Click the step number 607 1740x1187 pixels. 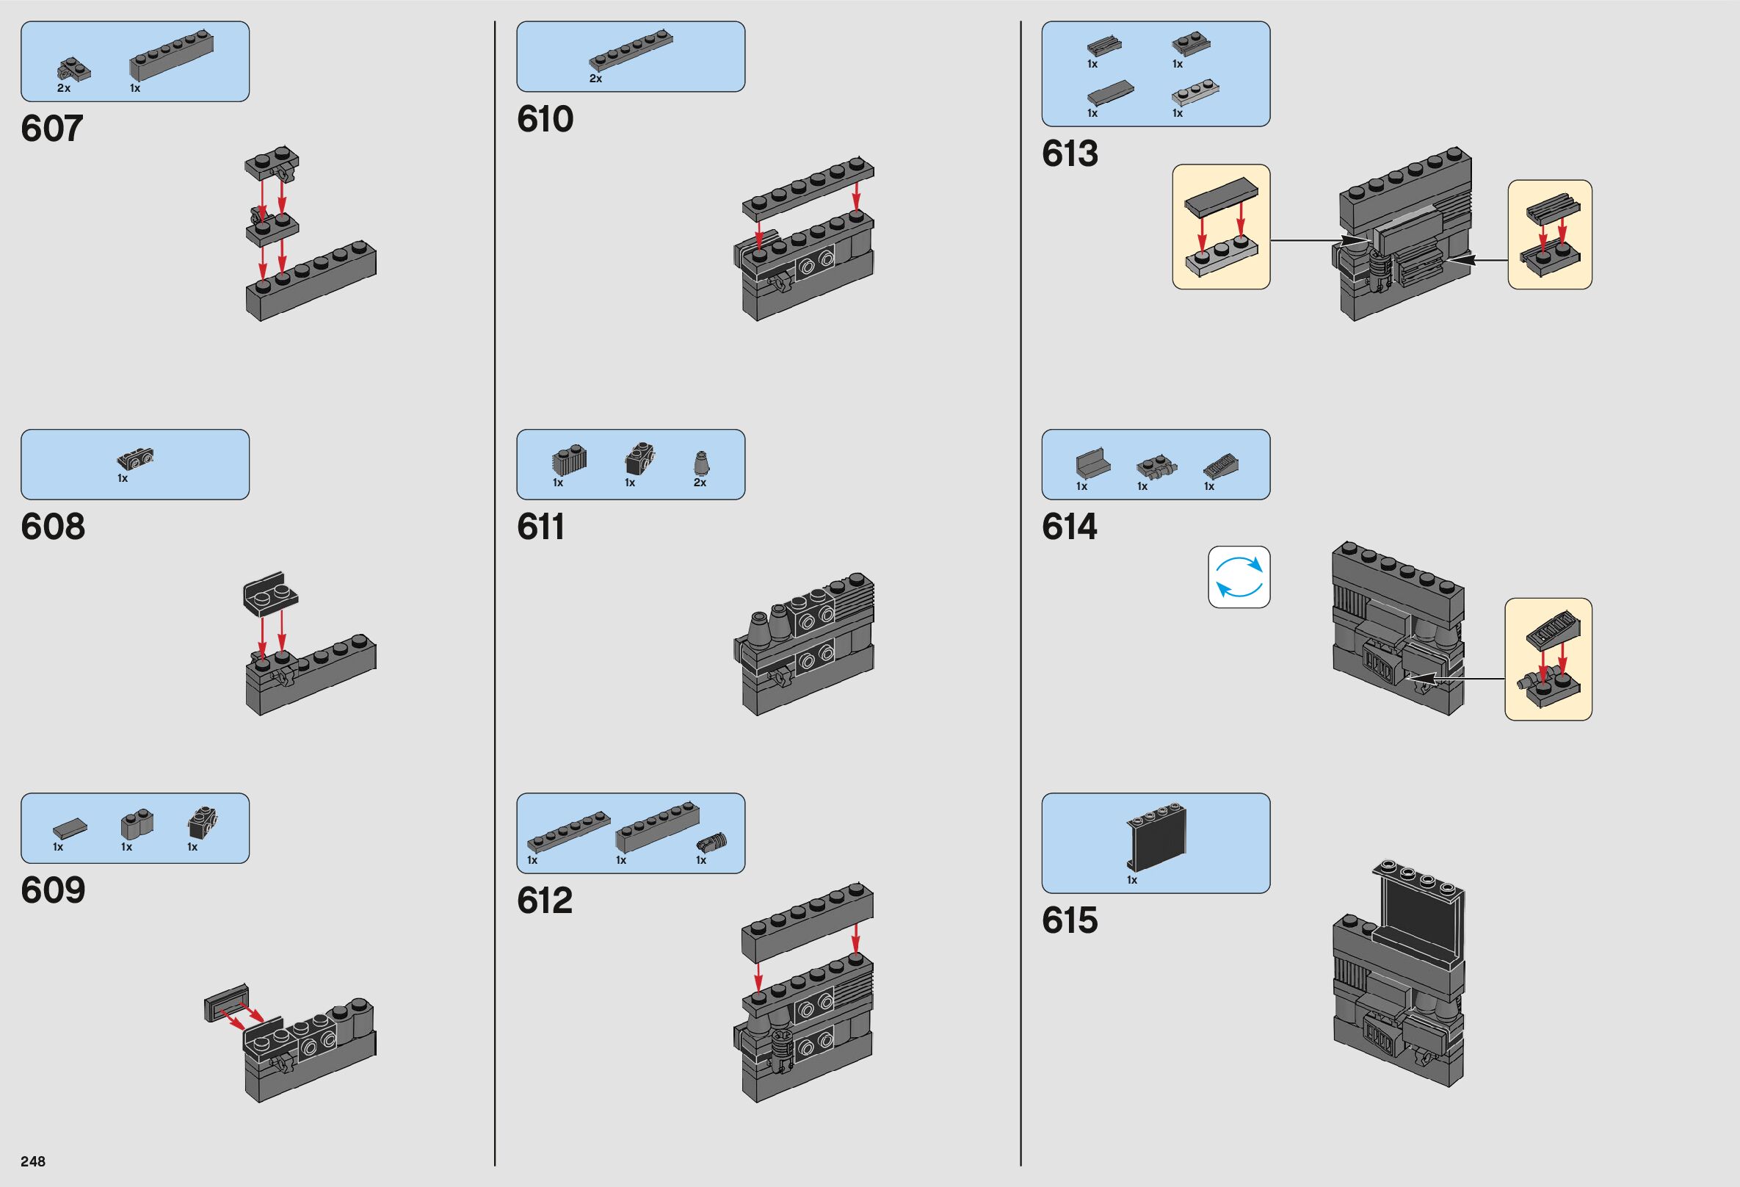point(51,129)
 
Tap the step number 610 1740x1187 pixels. point(545,120)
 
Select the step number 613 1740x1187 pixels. point(1069,154)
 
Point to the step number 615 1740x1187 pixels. point(1069,920)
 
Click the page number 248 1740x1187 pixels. point(33,1161)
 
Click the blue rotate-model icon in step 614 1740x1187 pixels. point(1239,577)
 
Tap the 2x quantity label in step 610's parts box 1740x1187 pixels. point(595,79)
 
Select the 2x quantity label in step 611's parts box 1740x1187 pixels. point(699,483)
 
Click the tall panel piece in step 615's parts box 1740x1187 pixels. point(1156,838)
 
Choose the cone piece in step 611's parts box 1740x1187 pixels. point(701,463)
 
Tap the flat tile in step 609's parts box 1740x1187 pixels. point(70,828)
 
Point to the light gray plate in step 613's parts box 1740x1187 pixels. point(1195,93)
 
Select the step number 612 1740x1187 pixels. point(544,901)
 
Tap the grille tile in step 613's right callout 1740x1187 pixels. point(1553,214)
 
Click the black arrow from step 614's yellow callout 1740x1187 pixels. point(1456,679)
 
